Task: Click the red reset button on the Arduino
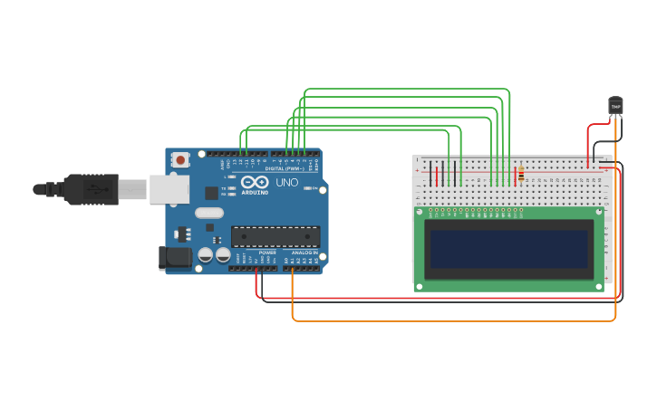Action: click(180, 160)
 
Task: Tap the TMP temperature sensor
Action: click(615, 106)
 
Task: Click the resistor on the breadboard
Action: click(520, 174)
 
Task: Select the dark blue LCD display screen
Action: click(508, 249)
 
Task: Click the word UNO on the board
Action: click(286, 183)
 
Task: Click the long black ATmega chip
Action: click(275, 237)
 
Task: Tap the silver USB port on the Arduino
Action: click(169, 188)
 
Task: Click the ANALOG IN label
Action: click(304, 253)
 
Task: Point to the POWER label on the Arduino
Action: click(266, 253)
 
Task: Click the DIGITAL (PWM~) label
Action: click(285, 168)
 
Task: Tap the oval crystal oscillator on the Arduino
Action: click(208, 214)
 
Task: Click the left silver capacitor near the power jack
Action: click(206, 255)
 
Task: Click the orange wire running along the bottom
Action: click(453, 320)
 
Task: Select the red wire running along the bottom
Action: click(435, 298)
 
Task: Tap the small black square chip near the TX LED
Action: click(211, 193)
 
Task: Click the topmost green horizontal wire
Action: click(408, 90)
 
